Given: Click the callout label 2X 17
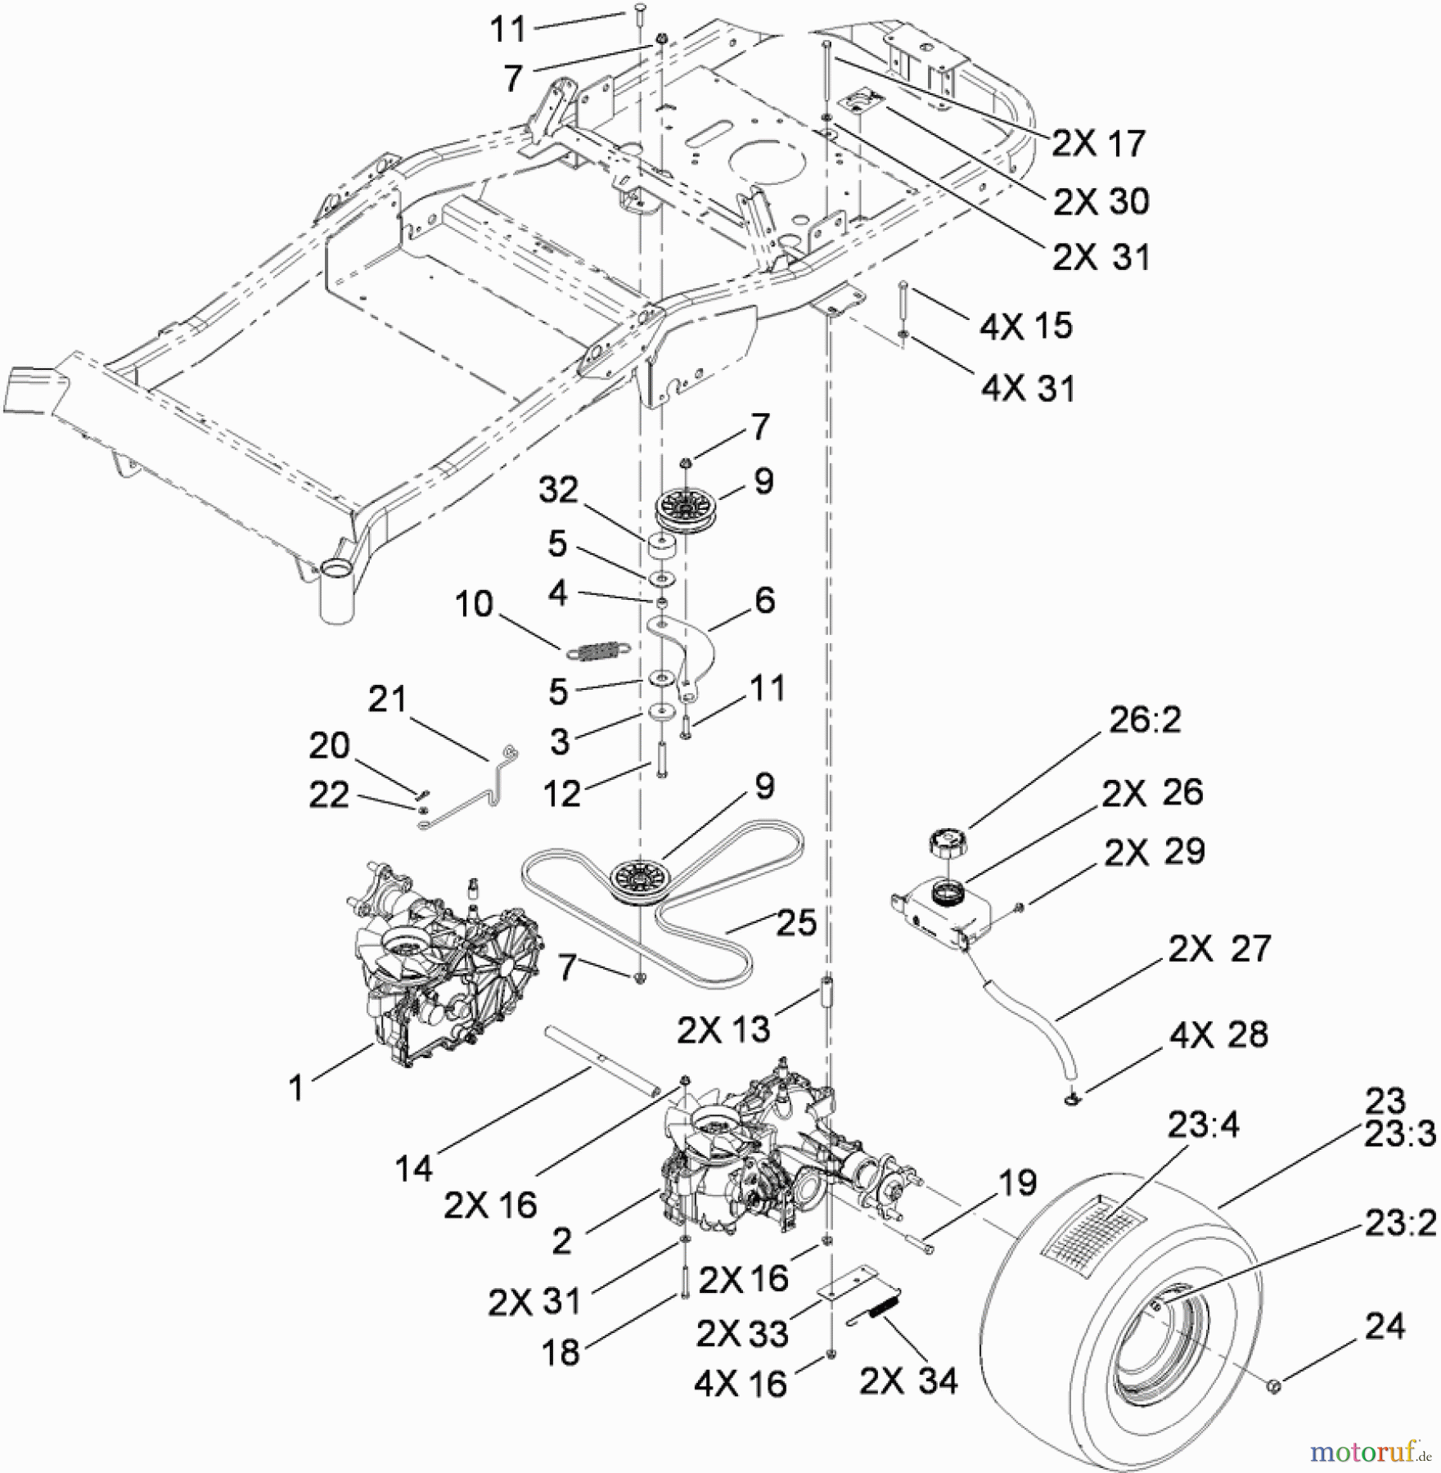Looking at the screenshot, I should tap(1098, 143).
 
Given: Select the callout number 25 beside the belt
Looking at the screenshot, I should tap(795, 922).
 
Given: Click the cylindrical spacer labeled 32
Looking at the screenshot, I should tap(663, 547).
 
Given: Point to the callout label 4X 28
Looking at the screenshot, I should tap(1218, 1034).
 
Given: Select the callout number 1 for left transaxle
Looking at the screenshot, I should tap(296, 1088).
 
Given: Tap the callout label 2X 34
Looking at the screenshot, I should tap(908, 1382).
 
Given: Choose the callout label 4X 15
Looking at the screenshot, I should tap(1025, 326).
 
